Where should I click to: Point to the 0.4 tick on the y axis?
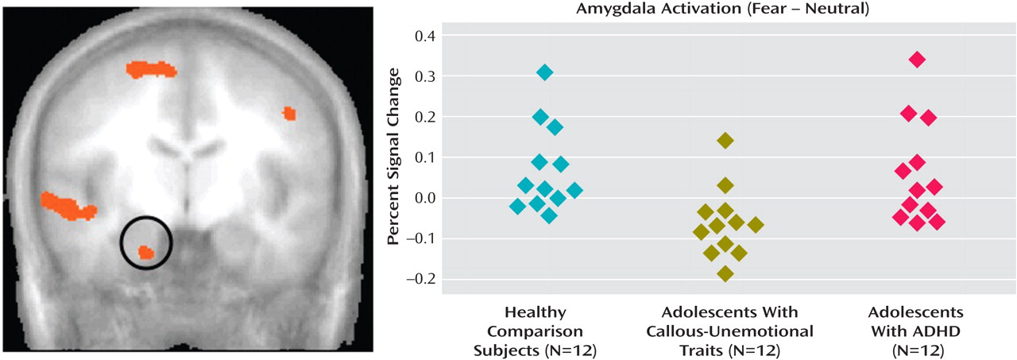(424, 36)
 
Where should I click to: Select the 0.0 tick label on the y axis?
(424, 198)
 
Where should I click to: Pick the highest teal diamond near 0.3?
(544, 72)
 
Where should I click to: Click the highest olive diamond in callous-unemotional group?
(725, 141)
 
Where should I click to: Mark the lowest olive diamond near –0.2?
(725, 274)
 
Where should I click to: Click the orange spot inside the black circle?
(145, 252)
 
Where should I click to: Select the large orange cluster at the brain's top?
(152, 70)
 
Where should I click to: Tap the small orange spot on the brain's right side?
(289, 114)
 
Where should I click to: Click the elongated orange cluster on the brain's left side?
(68, 205)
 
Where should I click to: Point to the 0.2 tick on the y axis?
(424, 117)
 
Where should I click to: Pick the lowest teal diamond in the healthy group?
(549, 215)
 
